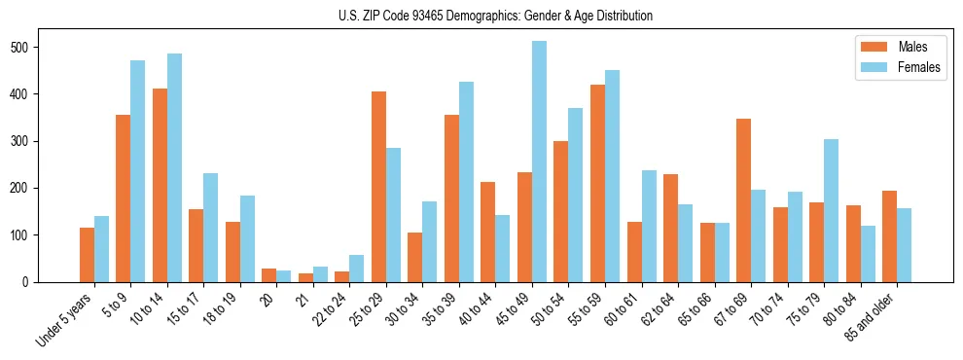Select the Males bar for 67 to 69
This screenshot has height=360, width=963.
[743, 200]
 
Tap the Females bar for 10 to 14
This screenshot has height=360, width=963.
[174, 167]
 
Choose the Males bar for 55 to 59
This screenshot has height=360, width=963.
[597, 183]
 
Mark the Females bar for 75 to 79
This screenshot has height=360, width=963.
[831, 210]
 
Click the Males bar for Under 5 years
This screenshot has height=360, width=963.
[87, 255]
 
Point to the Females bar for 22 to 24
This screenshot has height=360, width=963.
[356, 269]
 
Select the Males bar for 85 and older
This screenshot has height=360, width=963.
[889, 236]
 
